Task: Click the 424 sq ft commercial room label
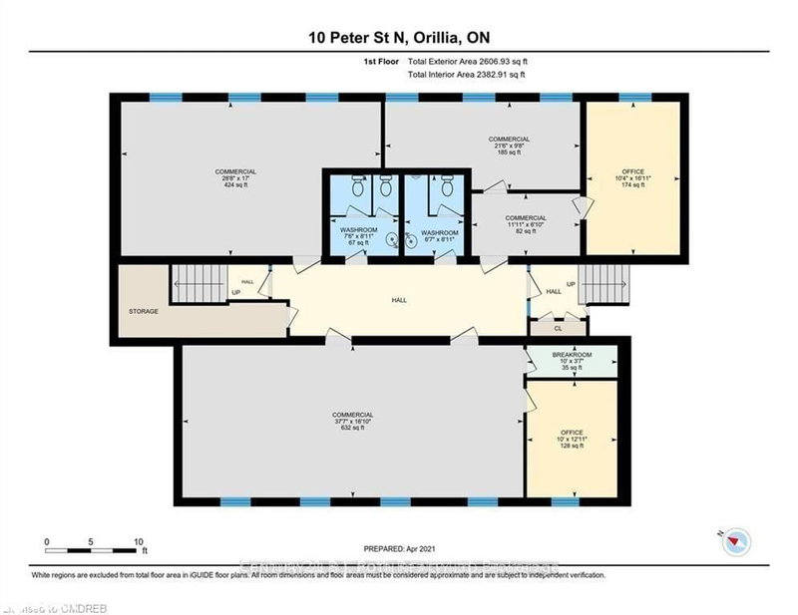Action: (x=235, y=178)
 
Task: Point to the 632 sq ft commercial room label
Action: (x=353, y=421)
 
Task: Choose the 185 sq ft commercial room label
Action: (x=509, y=146)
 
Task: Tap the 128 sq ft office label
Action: (x=572, y=440)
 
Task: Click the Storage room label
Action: (x=144, y=311)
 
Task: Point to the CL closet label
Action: (x=559, y=327)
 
